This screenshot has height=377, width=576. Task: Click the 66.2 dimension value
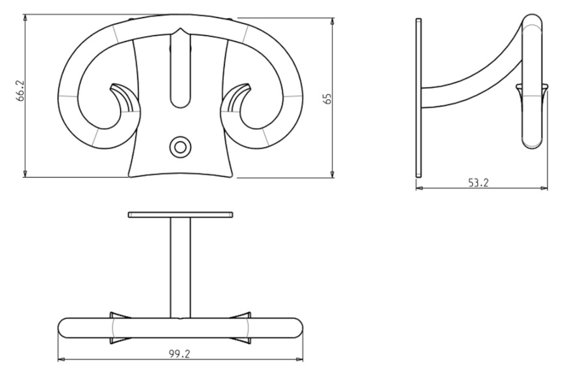(x=21, y=91)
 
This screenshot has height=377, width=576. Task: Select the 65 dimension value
(x=328, y=99)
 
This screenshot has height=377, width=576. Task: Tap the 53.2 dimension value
(x=478, y=183)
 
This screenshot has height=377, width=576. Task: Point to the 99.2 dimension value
(x=179, y=354)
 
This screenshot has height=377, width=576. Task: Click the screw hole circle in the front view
(x=180, y=147)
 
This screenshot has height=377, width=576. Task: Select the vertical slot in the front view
(x=180, y=70)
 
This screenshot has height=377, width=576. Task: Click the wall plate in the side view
(x=418, y=98)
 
